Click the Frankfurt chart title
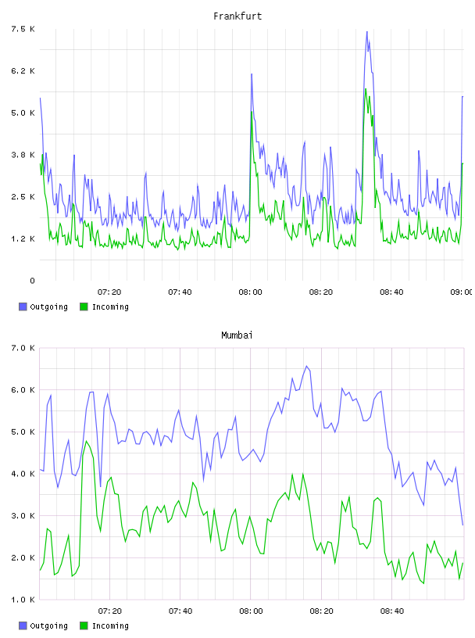point(237,16)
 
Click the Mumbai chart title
point(237,335)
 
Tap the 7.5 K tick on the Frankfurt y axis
point(23,29)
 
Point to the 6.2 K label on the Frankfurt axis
point(23,71)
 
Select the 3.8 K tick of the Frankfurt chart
point(23,155)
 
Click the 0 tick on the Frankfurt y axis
point(32,281)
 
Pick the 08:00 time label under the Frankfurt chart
point(251,292)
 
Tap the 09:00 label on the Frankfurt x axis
point(462,292)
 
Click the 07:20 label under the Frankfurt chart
point(109,292)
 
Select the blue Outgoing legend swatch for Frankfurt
point(23,306)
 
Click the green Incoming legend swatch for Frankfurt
point(84,306)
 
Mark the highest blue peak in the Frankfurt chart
point(367,31)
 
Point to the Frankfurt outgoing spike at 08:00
point(252,74)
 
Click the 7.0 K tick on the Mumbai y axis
point(23,348)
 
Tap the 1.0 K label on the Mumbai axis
point(23,600)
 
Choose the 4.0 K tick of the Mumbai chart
point(23,474)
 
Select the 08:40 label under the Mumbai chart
point(392,611)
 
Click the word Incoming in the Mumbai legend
point(110,625)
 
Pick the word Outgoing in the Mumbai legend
point(48,625)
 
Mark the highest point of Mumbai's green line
point(86,441)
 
